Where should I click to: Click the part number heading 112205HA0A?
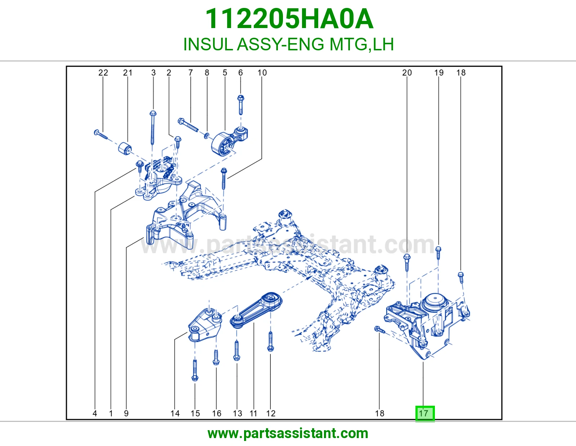[x=289, y=19]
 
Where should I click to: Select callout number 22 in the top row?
[x=103, y=73]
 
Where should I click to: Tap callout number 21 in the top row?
[x=127, y=73]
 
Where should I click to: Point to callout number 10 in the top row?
[x=262, y=73]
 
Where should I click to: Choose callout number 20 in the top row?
[x=407, y=73]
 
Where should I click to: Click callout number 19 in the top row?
[x=439, y=73]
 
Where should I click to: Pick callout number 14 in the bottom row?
[x=175, y=413]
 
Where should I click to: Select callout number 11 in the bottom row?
[x=253, y=413]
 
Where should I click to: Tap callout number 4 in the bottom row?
[x=95, y=413]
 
